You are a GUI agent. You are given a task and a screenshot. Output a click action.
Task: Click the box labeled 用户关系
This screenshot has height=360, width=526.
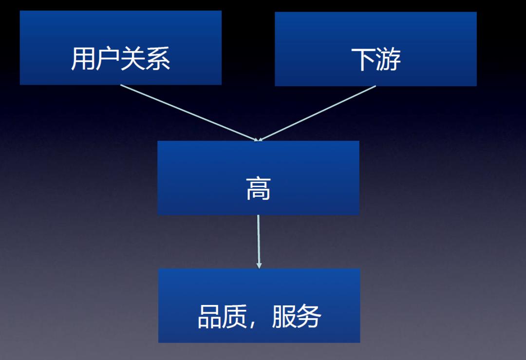(121, 48)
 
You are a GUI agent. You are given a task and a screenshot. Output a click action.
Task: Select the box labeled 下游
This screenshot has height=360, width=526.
(376, 49)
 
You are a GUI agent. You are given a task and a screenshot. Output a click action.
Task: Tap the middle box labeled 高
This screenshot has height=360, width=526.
(258, 178)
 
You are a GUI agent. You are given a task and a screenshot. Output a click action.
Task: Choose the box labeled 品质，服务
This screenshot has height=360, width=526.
(259, 305)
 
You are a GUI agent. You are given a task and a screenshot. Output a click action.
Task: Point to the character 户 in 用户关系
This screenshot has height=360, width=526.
(108, 59)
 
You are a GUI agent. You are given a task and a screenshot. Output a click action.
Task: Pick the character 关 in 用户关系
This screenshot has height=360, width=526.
(133, 59)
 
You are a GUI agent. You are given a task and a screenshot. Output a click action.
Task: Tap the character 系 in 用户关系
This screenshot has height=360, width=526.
(158, 59)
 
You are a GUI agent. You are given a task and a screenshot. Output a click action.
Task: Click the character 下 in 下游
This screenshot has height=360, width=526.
(363, 60)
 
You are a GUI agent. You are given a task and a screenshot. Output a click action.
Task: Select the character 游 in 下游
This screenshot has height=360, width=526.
(388, 60)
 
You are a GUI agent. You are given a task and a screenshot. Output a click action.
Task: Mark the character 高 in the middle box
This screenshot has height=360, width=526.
(258, 189)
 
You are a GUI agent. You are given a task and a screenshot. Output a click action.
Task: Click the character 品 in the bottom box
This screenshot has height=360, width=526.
(210, 316)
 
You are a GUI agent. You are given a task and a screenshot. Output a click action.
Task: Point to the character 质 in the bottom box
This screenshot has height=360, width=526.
(235, 316)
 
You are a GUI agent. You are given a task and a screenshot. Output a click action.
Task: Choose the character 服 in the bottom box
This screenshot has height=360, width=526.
(284, 316)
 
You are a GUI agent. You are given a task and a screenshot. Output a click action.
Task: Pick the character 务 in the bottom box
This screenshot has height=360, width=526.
(309, 316)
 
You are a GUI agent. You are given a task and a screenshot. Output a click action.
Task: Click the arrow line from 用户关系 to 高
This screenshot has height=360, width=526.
(189, 113)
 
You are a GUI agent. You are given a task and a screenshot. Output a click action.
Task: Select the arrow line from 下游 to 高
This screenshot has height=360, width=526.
(317, 114)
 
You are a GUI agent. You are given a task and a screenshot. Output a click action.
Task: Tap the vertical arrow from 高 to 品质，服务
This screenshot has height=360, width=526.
(258, 242)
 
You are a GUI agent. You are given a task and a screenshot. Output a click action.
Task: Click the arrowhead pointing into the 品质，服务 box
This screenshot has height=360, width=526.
(259, 265)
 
